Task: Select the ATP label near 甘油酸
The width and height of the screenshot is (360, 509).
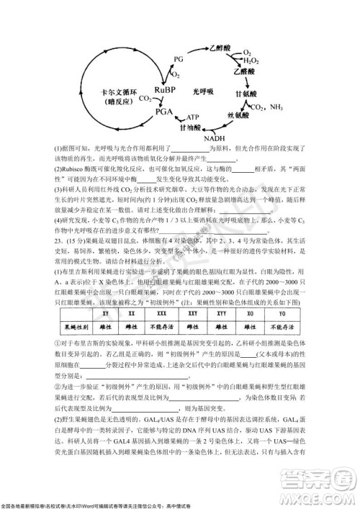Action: pos(193,117)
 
